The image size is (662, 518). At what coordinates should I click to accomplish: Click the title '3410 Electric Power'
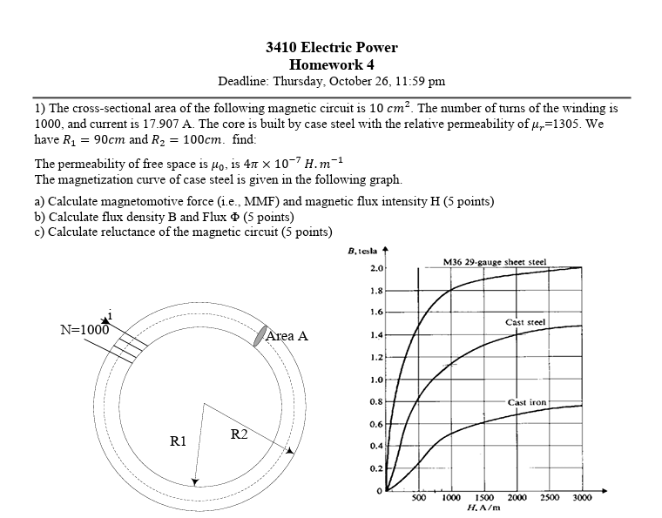pos(331,48)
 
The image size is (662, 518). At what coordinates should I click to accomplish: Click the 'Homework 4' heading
pos(331,64)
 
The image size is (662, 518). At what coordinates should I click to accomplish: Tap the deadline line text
pos(331,81)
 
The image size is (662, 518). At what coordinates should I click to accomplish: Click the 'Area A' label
pos(287,336)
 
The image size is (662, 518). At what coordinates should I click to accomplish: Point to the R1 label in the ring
pos(178,441)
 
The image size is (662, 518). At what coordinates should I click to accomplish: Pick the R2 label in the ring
pos(240,434)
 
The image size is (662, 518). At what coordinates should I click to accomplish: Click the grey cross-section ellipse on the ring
pos(258,337)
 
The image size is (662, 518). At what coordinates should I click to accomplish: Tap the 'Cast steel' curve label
pos(525,322)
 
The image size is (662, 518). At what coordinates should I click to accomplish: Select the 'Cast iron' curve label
pos(527,402)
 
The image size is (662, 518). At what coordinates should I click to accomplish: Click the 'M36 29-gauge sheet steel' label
pos(495,261)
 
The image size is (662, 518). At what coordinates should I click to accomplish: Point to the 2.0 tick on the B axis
pos(376,268)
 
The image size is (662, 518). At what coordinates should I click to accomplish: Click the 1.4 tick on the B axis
pos(376,335)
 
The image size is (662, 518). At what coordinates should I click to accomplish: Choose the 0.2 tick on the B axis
pos(376,468)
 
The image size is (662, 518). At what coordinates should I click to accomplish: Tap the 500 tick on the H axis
pos(418,497)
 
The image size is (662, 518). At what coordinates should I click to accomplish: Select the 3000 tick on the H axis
pos(582,497)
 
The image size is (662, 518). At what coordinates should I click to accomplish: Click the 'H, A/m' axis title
pos(483,507)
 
